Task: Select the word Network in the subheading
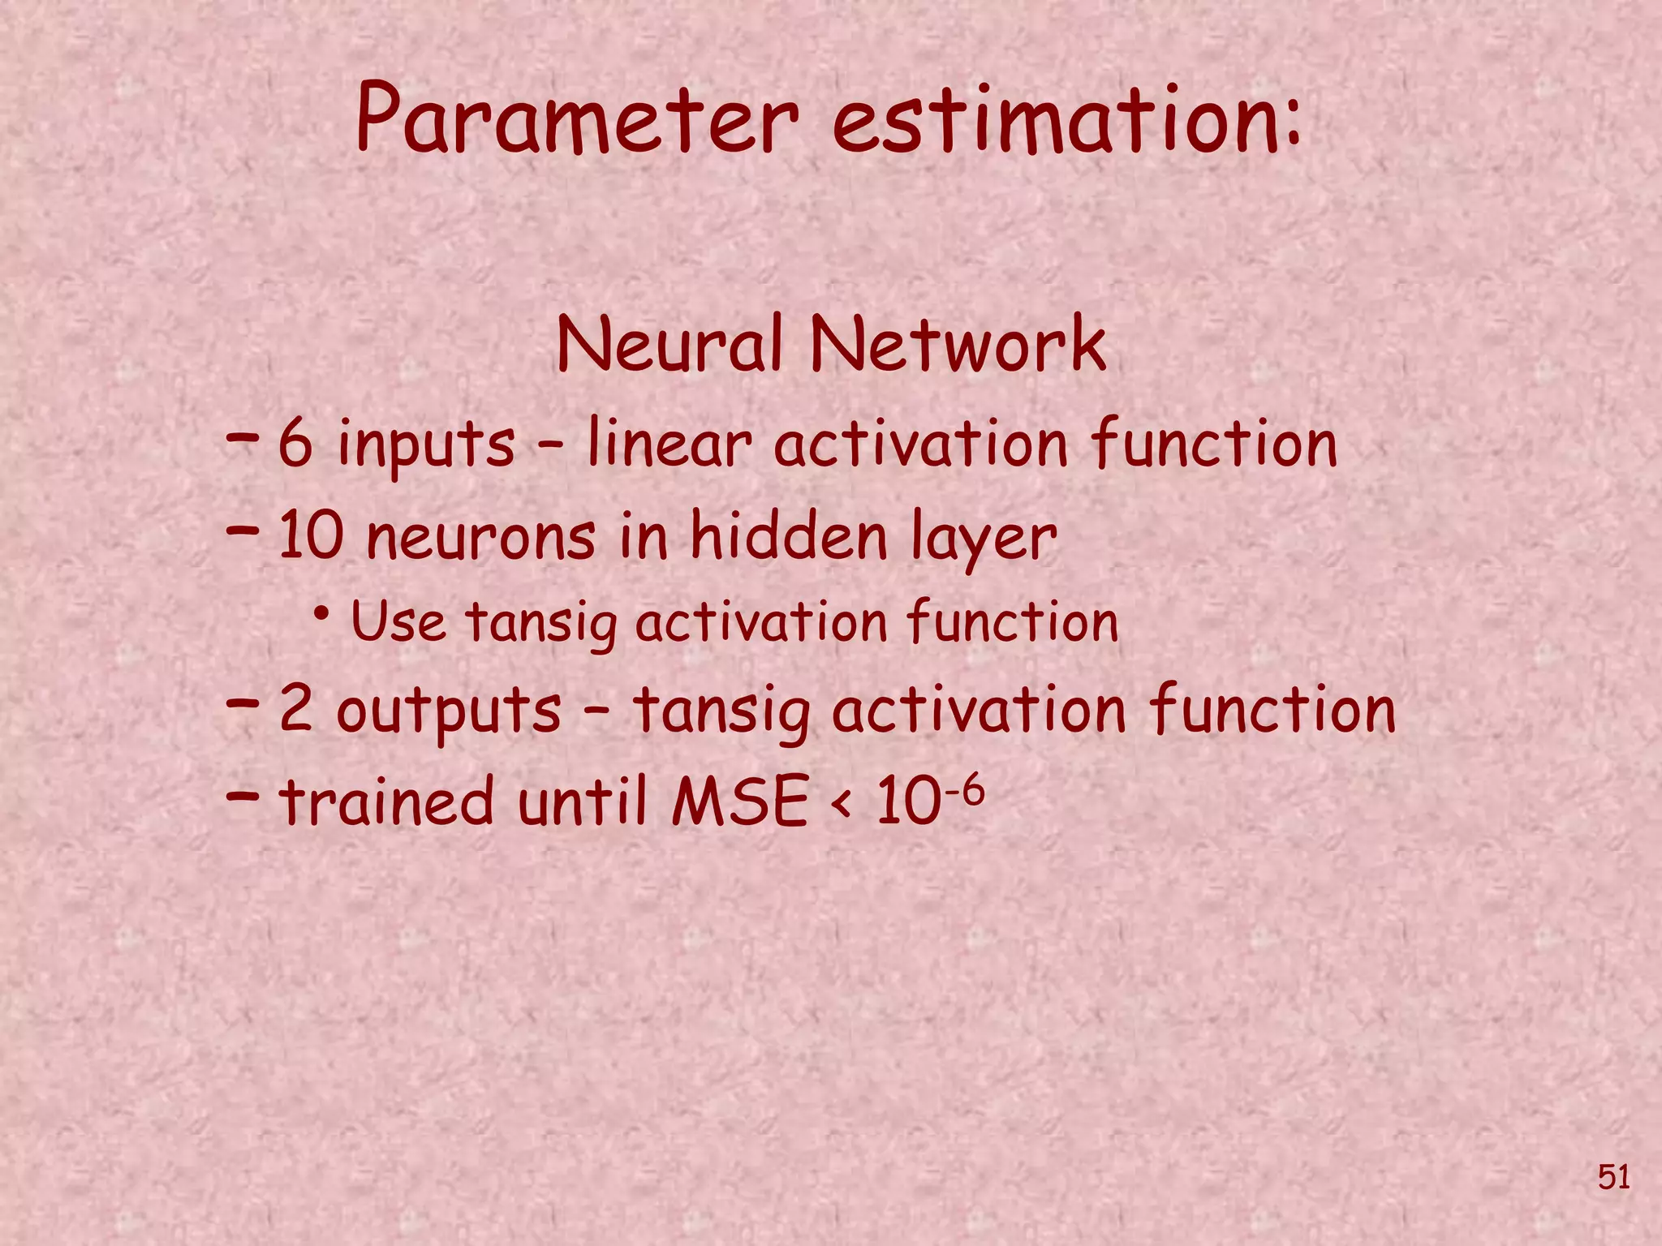[x=958, y=345]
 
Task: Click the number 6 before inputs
[x=295, y=445]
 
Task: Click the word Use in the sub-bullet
[x=398, y=623]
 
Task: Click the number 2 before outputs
[x=296, y=709]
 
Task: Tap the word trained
[x=385, y=801]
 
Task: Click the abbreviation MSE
[x=739, y=801]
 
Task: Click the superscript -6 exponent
[x=963, y=787]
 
